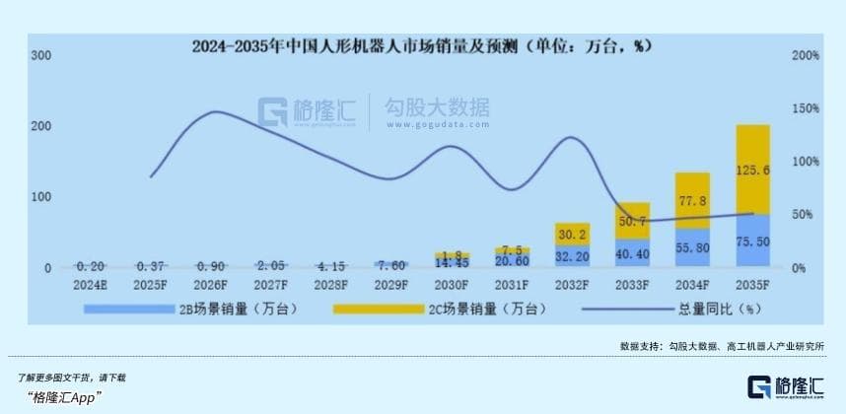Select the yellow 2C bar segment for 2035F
pyautogui.click(x=752, y=168)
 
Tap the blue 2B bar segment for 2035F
pyautogui.click(x=752, y=241)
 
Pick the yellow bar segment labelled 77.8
pyautogui.click(x=691, y=200)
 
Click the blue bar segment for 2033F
pyautogui.click(x=631, y=252)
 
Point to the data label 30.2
pyautogui.click(x=571, y=235)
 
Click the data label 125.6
pyautogui.click(x=753, y=169)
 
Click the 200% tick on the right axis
pyautogui.click(x=806, y=55)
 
